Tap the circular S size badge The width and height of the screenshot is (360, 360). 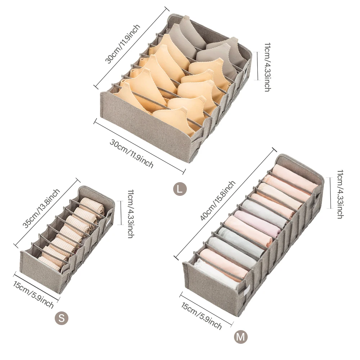pos(61,318)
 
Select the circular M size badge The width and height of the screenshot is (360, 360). pos(240,337)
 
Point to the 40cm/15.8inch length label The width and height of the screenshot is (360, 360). pos(219,200)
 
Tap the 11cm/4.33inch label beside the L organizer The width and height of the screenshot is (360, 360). pos(267,67)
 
